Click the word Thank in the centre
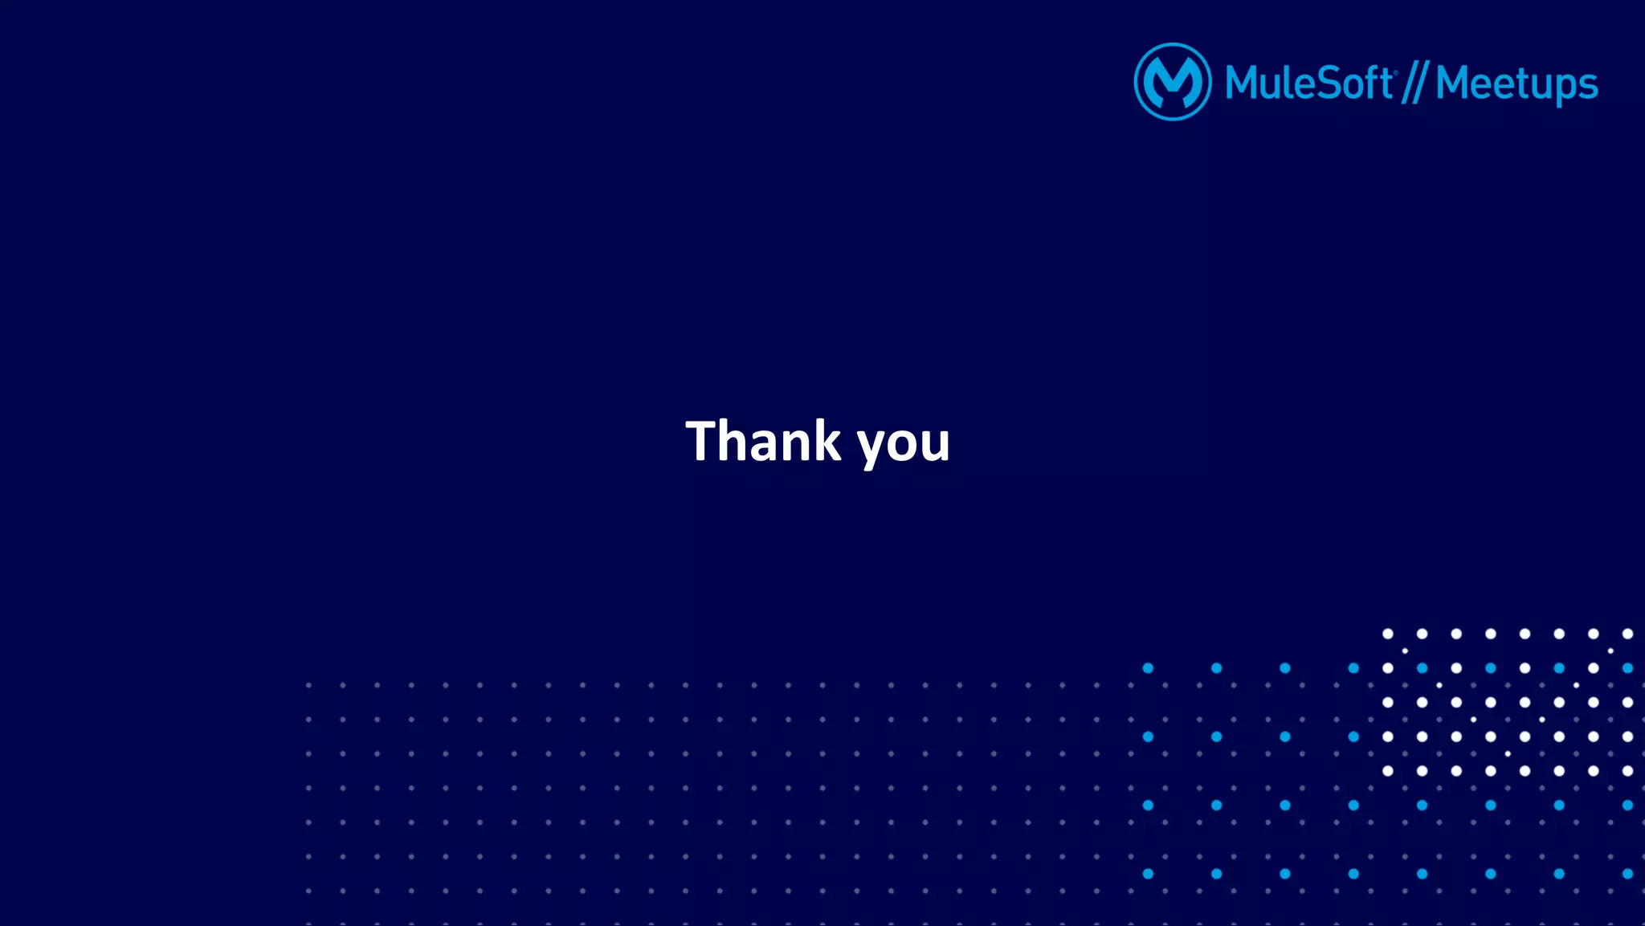click(763, 441)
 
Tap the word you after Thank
click(904, 444)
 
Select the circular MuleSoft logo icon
click(1172, 82)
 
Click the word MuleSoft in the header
click(1308, 83)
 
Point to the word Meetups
click(1516, 84)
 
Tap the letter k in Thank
click(825, 441)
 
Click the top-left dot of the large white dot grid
click(1387, 634)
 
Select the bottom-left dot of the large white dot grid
click(1387, 771)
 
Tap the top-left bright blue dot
click(1148, 668)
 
